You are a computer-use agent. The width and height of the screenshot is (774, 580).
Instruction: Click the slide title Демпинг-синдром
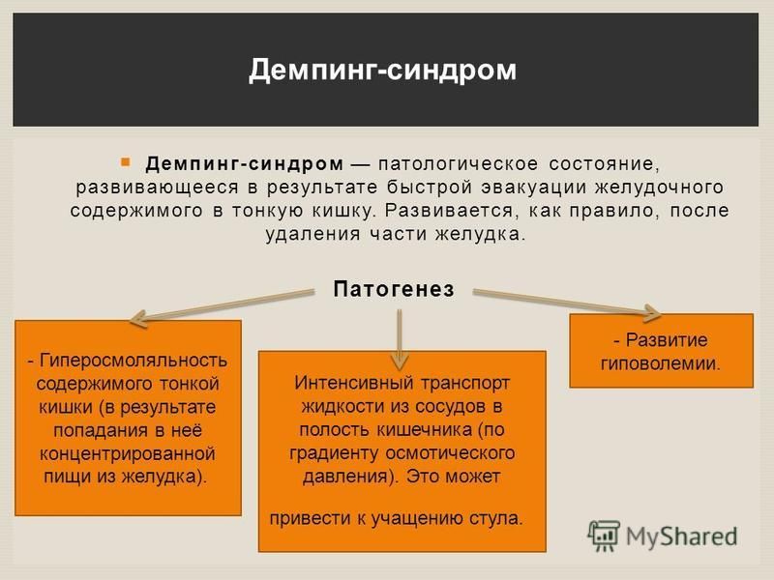[x=382, y=71]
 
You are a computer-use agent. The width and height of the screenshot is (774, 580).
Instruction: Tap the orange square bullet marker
[x=126, y=161]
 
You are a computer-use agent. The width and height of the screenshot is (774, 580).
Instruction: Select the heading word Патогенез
[x=394, y=289]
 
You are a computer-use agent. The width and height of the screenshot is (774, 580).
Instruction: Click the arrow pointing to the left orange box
[x=223, y=306]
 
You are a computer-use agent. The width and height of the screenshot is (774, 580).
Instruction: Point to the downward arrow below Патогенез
[x=400, y=339]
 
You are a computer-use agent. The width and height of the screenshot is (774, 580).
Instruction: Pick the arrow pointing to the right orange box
[x=567, y=303]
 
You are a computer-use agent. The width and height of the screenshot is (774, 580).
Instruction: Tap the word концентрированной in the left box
[x=128, y=453]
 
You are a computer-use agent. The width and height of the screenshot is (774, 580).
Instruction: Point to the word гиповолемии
[x=661, y=363]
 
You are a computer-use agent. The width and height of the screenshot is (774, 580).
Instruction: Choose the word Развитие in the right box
[x=667, y=340]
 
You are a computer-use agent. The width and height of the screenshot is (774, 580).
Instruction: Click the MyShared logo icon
[x=604, y=536]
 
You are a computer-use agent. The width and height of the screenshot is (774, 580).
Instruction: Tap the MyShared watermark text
[x=682, y=536]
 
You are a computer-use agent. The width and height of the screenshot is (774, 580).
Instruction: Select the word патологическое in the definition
[x=458, y=164]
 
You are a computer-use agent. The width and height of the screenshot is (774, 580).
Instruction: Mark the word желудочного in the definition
[x=660, y=188]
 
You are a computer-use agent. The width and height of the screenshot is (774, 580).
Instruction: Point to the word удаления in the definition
[x=313, y=234]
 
